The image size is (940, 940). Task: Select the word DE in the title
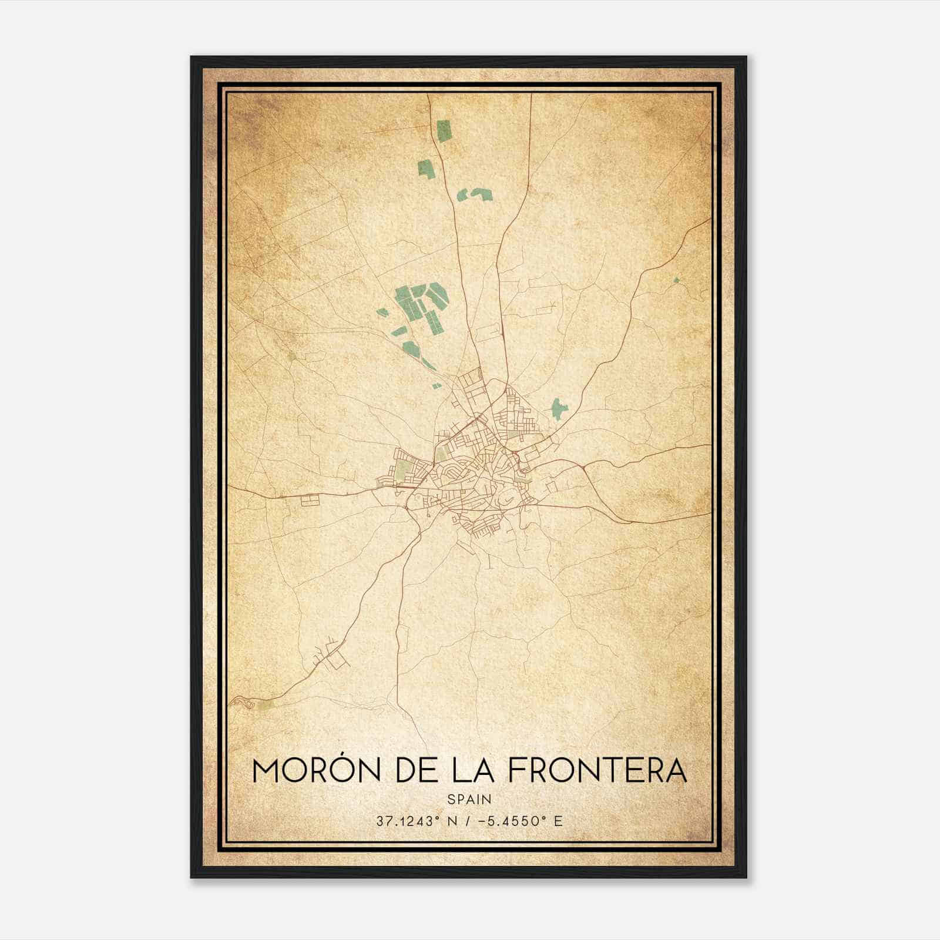click(x=418, y=771)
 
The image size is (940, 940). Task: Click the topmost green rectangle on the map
click(x=444, y=130)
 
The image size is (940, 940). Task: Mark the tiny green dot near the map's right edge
click(x=676, y=280)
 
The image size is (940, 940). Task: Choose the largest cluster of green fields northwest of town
click(x=420, y=305)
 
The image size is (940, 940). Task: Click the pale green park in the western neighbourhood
click(x=403, y=469)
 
